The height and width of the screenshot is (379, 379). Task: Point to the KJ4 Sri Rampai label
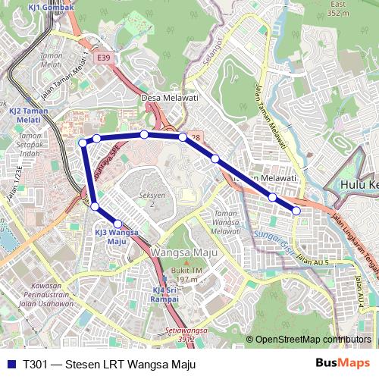(164, 294)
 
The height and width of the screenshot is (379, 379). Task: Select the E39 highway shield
(102, 58)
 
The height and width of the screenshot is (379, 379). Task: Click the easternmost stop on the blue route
(296, 211)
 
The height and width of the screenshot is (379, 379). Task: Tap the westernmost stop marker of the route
(83, 143)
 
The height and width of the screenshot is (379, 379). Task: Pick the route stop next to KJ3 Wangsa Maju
(117, 224)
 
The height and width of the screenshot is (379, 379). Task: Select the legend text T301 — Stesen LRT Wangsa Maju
(109, 365)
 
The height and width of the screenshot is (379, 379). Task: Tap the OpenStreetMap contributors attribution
(312, 340)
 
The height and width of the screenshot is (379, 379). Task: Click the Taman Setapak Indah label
(30, 144)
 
